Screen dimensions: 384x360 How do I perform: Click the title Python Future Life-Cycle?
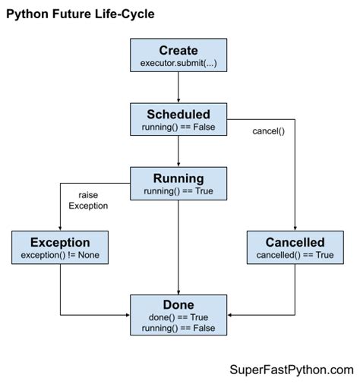click(81, 14)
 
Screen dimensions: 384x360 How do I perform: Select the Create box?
click(178, 55)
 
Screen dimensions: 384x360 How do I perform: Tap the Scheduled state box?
click(178, 119)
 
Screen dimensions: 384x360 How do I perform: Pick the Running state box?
click(178, 184)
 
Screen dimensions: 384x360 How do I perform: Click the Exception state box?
click(60, 248)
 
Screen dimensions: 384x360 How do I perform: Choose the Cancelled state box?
click(295, 248)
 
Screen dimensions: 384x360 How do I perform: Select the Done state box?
click(178, 313)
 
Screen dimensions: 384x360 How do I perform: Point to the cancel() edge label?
click(268, 131)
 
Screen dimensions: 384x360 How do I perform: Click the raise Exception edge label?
click(88, 200)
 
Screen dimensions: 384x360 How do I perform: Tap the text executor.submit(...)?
click(178, 61)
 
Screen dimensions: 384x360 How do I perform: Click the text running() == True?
click(178, 191)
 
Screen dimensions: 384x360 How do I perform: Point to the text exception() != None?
click(60, 256)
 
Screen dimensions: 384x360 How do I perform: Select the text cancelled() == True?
click(295, 256)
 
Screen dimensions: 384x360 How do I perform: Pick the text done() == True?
click(178, 316)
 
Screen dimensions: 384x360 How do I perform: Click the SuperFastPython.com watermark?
click(292, 370)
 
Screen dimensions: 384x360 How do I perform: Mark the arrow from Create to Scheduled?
click(178, 87)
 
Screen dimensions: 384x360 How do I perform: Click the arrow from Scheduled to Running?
click(178, 152)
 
